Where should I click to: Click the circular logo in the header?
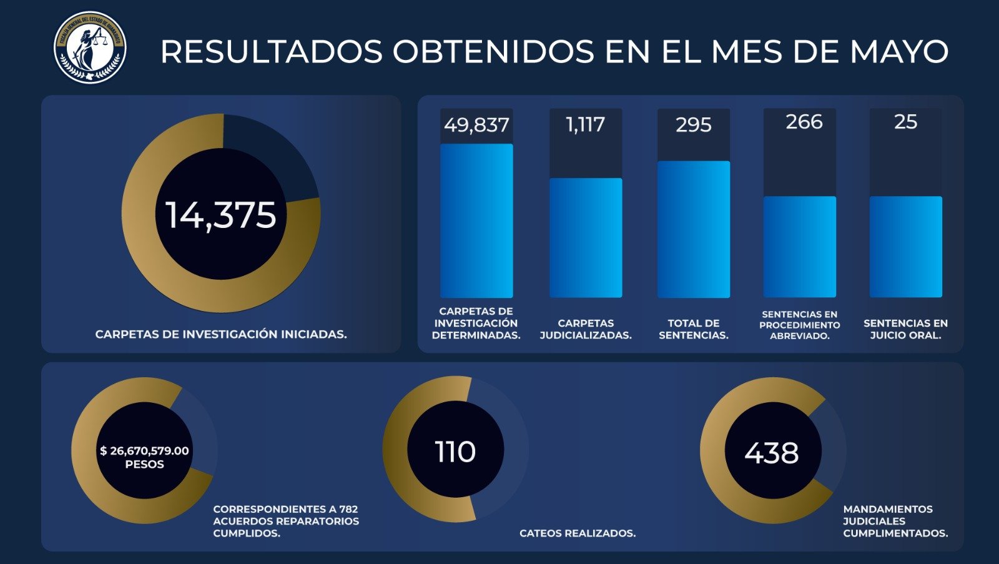pyautogui.click(x=90, y=47)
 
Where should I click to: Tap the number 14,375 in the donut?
pyautogui.click(x=220, y=215)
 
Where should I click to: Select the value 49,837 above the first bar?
pyautogui.click(x=476, y=125)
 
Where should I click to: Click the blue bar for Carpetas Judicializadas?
pyautogui.click(x=586, y=237)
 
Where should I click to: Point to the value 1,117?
pyautogui.click(x=585, y=125)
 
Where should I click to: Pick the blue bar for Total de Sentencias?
pyautogui.click(x=693, y=229)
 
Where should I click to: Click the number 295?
pyautogui.click(x=693, y=125)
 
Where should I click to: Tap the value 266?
pyautogui.click(x=804, y=122)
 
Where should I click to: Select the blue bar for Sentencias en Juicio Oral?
pyautogui.click(x=905, y=247)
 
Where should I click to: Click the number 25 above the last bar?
pyautogui.click(x=905, y=122)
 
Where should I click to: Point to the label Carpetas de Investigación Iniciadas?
pyautogui.click(x=221, y=334)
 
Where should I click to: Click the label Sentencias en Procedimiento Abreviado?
pyautogui.click(x=799, y=325)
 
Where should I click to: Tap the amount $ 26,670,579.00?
pyautogui.click(x=144, y=450)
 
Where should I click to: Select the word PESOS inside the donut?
pyautogui.click(x=144, y=465)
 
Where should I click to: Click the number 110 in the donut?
pyautogui.click(x=455, y=452)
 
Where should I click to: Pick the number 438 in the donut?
pyautogui.click(x=771, y=453)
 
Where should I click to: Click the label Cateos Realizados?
pyautogui.click(x=578, y=533)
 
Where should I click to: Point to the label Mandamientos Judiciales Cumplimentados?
pyautogui.click(x=895, y=521)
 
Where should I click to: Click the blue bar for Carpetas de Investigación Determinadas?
pyautogui.click(x=476, y=220)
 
